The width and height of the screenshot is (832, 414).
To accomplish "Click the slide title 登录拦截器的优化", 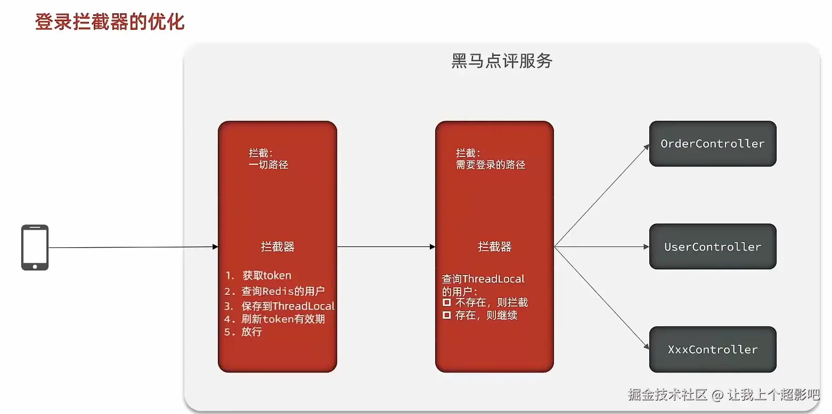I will point(110,22).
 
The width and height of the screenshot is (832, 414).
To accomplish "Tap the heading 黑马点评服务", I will point(502,61).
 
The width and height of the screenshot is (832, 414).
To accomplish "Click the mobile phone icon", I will point(35,247).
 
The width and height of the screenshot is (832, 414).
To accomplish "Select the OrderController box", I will point(712,144).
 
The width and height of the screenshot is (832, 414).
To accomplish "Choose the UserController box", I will point(712,246).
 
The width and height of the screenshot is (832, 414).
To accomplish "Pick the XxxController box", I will point(712,349).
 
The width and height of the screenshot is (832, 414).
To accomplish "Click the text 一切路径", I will point(268,165).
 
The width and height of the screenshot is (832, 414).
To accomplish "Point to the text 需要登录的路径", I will point(491,165).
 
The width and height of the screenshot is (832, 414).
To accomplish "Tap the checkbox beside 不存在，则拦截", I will point(447,302).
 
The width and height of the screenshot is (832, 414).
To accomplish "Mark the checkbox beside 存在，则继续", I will point(447,316).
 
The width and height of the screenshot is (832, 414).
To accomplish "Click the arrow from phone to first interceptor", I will point(133,247).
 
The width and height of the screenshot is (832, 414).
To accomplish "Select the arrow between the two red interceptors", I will point(386,247).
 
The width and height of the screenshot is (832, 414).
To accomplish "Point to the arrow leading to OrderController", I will point(602,195).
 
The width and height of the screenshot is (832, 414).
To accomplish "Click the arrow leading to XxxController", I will point(602,298).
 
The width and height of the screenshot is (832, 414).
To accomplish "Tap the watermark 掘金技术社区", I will point(667,395).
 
